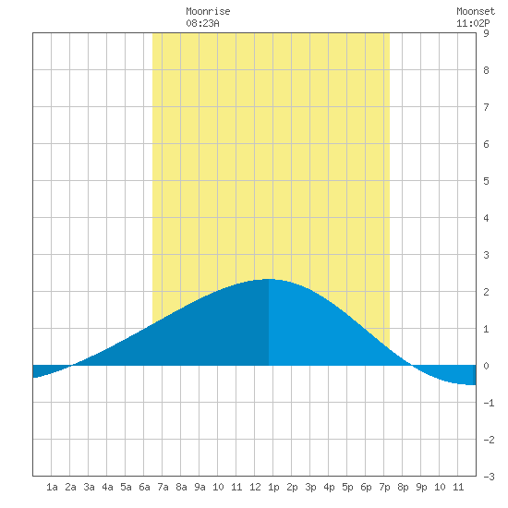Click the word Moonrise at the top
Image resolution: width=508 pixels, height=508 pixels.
(208, 11)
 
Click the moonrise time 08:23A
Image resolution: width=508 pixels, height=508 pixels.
(202, 23)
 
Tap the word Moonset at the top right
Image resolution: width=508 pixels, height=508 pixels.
(476, 11)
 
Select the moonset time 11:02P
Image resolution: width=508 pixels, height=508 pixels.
(473, 23)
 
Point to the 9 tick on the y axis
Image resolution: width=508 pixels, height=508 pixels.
(486, 33)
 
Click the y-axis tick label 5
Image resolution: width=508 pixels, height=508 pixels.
(486, 181)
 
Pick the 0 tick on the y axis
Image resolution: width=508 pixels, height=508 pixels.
(486, 366)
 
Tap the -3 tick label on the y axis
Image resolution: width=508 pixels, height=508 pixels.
(489, 477)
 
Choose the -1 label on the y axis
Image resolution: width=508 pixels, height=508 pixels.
(489, 403)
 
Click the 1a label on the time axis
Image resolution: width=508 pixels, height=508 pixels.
(52, 487)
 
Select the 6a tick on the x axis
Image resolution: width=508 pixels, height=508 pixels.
(144, 487)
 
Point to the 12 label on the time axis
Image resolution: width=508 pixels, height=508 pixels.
(255, 487)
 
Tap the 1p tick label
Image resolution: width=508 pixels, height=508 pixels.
(273, 487)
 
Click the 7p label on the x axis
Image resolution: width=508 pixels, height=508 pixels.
(384, 487)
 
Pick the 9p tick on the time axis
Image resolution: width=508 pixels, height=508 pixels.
(421, 487)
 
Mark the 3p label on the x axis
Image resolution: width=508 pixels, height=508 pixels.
(310, 487)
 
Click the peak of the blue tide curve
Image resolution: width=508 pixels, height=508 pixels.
(269, 279)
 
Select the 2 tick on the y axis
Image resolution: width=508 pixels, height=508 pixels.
(486, 292)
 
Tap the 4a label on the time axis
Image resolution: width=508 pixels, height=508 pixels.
(107, 487)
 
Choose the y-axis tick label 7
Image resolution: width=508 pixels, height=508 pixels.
(486, 107)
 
